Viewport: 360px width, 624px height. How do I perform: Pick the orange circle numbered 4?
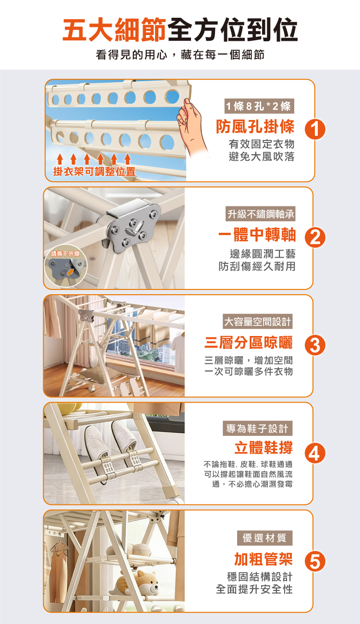point(315,453)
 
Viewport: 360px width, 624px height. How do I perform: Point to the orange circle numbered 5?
point(315,561)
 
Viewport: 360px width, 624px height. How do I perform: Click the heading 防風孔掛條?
point(255,127)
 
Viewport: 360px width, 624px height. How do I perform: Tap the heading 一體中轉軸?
point(257,235)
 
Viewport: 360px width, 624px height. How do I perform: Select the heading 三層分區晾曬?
point(248,343)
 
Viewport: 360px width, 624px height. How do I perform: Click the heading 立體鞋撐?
point(263,448)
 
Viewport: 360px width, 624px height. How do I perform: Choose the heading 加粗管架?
point(263,558)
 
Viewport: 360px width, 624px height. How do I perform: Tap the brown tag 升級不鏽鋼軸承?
point(264,214)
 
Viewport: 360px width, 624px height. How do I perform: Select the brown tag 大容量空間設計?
point(258,321)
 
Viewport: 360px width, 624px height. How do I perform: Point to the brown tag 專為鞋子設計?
point(258,428)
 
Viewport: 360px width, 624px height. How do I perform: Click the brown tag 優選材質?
point(264,538)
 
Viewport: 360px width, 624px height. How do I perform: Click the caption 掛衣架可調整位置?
point(94,171)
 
